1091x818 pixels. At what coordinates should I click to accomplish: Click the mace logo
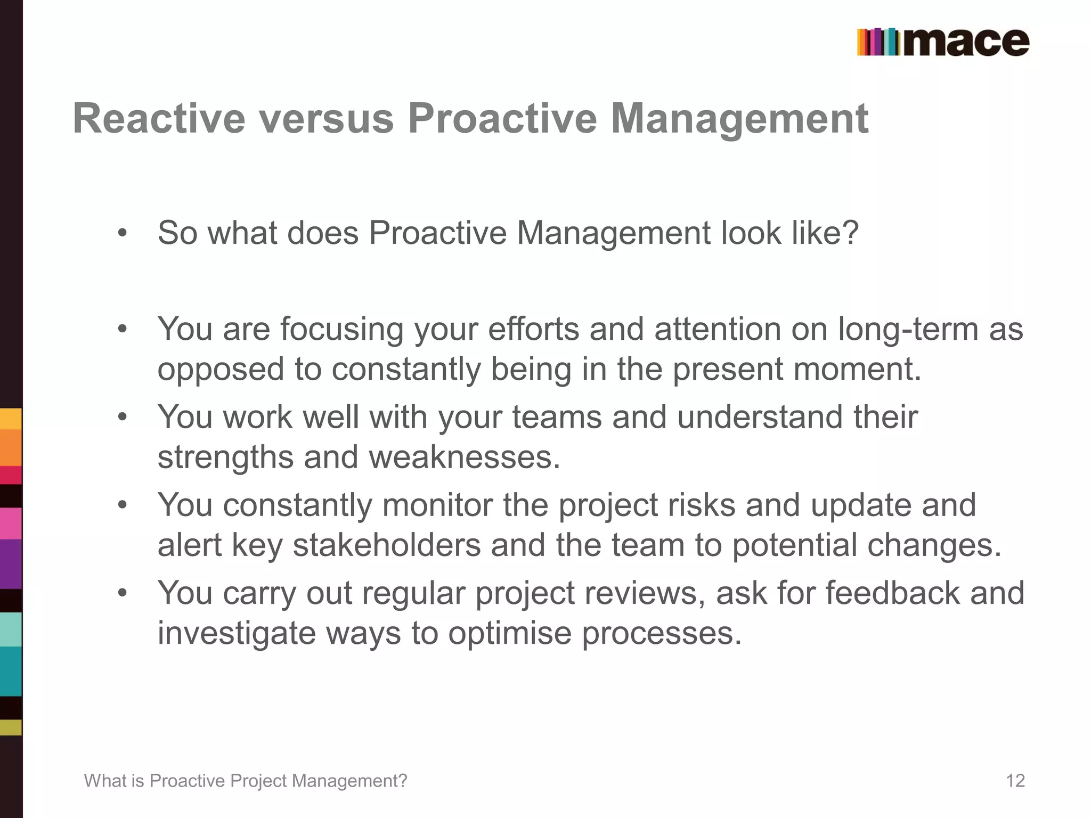[x=943, y=42]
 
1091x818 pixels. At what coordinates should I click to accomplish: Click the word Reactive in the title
[x=159, y=118]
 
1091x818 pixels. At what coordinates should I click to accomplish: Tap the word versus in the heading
[x=327, y=118]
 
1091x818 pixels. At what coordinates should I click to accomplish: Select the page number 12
[x=1015, y=781]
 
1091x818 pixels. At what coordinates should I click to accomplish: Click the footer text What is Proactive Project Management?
[x=246, y=781]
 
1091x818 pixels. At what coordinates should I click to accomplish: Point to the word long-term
[x=908, y=329]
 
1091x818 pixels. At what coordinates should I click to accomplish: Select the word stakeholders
[x=387, y=545]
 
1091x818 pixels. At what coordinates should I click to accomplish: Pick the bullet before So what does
[x=123, y=233]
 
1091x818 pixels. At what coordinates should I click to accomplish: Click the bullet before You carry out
[x=123, y=593]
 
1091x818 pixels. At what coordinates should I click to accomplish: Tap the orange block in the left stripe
[x=11, y=447]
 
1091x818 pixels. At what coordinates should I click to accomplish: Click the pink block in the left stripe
[x=11, y=523]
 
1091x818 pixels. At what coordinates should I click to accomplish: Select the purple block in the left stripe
[x=11, y=565]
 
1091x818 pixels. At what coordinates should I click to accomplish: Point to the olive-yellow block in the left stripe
[x=11, y=727]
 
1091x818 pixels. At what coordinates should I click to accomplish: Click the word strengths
[x=225, y=457]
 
